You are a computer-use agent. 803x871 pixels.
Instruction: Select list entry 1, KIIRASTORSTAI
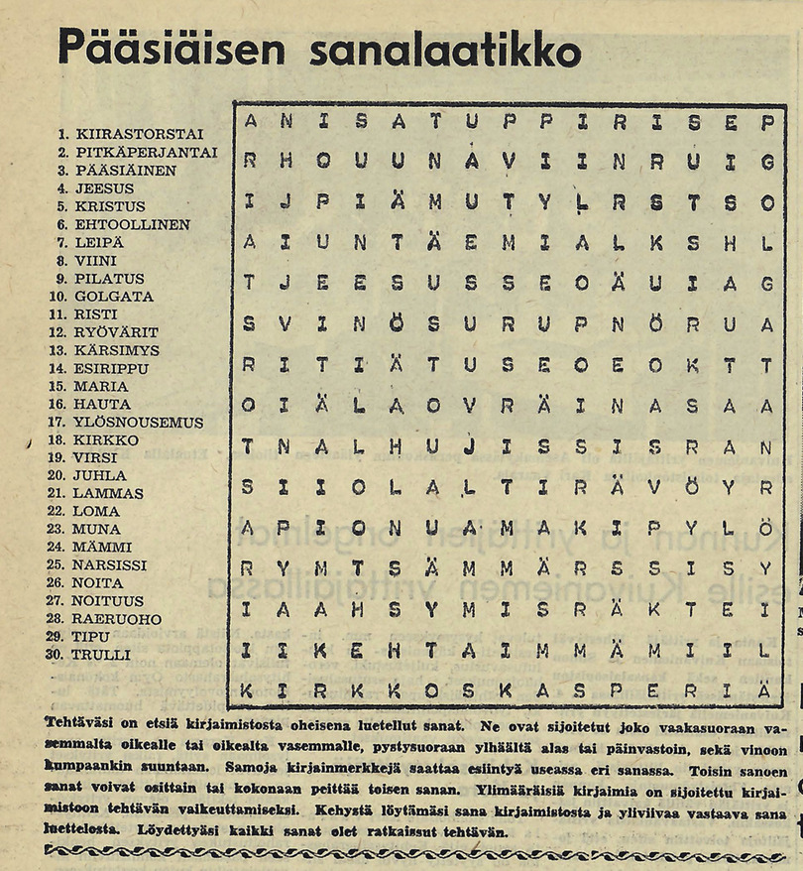(x=139, y=134)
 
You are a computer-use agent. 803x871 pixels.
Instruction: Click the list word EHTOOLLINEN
(x=132, y=225)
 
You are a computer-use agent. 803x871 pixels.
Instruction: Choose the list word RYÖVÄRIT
(x=115, y=332)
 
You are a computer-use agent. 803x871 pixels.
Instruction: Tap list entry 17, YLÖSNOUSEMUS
(x=138, y=423)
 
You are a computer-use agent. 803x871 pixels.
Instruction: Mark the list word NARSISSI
(x=109, y=565)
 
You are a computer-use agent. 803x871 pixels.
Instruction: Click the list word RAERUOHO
(x=116, y=619)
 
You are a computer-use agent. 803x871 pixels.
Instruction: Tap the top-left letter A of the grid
(x=250, y=123)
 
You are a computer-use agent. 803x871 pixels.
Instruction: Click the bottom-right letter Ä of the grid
(x=764, y=688)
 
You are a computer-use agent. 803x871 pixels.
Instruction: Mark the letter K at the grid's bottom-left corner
(x=249, y=689)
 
